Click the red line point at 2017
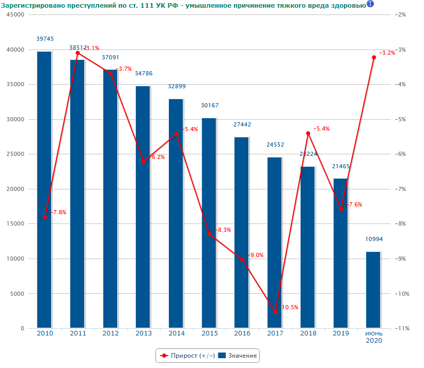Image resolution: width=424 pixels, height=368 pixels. tap(275, 312)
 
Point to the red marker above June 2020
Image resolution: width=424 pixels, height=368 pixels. tap(374, 57)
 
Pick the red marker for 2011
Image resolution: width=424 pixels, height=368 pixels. tap(78, 53)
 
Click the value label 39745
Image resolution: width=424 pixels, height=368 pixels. tap(45, 39)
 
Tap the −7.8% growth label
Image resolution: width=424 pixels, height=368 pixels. tap(58, 212)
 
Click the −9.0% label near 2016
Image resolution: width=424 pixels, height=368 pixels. tap(256, 255)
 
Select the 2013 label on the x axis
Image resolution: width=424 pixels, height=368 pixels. tap(144, 333)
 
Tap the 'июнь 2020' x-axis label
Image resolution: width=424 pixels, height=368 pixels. tap(374, 337)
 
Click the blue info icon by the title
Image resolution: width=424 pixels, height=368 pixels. tap(370, 4)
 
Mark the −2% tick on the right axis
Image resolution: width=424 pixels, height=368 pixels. tap(400, 15)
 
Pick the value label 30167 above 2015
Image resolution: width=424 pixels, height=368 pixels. tap(210, 105)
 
